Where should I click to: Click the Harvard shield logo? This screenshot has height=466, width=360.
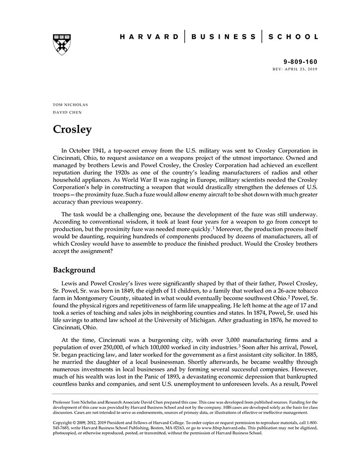[x=62, y=45]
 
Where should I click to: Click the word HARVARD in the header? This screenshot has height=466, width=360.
[x=149, y=37]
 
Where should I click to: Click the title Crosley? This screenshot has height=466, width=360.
[x=73, y=129]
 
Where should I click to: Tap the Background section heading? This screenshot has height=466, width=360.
[x=74, y=270]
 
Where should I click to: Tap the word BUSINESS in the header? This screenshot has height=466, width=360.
[x=223, y=37]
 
